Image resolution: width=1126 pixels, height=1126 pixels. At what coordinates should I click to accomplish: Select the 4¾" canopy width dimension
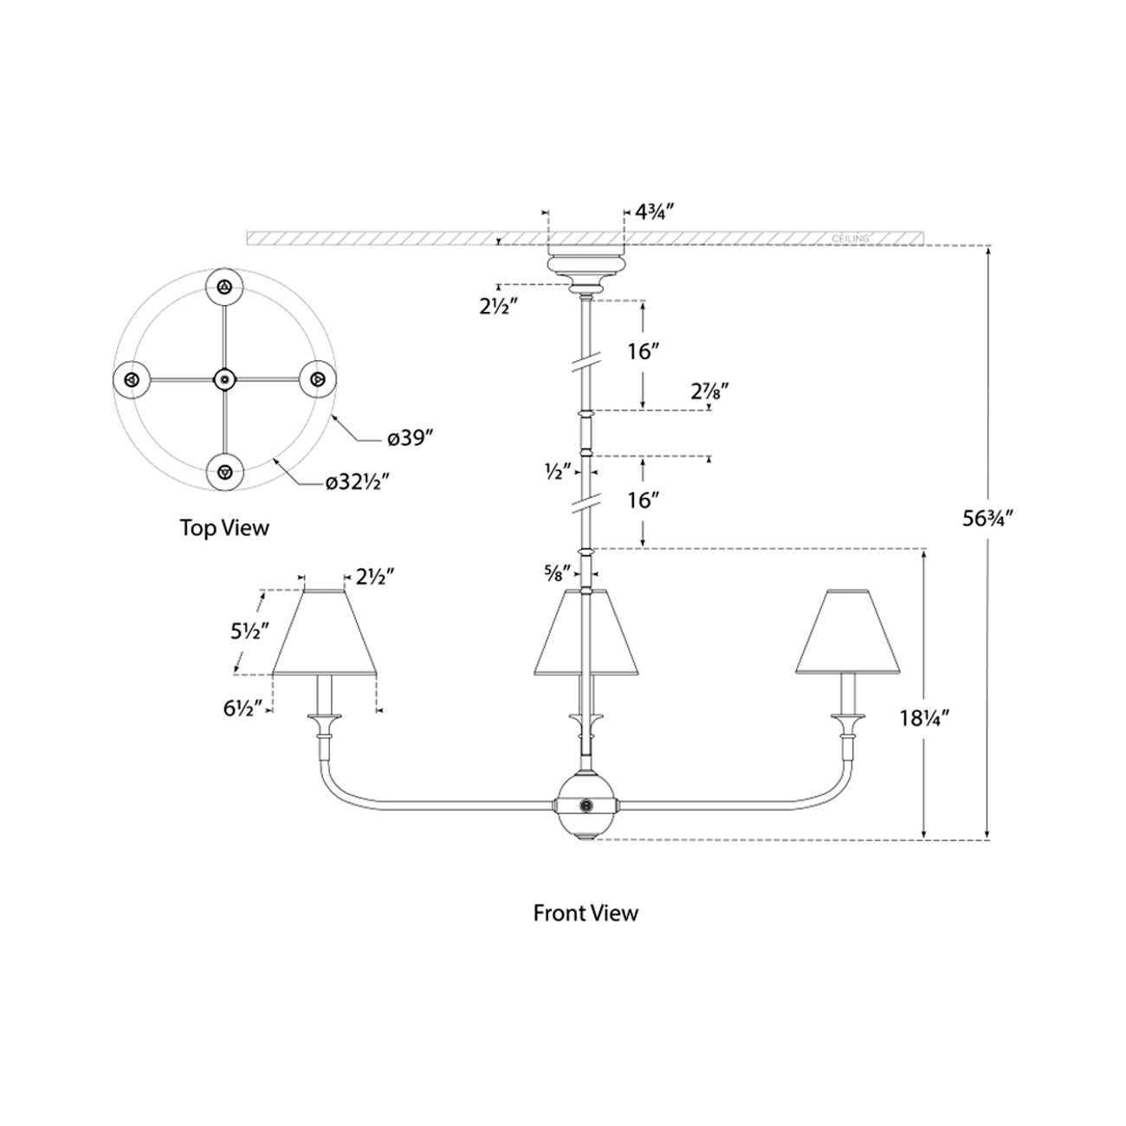coord(654,210)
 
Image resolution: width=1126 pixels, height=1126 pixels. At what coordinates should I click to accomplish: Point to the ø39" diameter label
coord(410,439)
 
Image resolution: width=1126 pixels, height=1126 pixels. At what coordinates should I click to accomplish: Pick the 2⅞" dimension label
coord(708,391)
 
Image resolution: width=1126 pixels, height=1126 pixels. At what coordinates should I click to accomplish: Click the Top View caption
coord(224,527)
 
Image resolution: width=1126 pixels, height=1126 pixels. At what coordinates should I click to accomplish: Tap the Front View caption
coord(586,912)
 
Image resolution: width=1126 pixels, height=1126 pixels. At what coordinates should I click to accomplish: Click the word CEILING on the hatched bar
coord(850,237)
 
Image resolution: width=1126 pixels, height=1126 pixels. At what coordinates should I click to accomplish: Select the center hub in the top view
coord(225,379)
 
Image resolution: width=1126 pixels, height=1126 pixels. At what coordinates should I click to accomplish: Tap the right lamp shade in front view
coord(846,632)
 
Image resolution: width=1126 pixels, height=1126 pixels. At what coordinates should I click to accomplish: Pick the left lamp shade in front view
coord(326,632)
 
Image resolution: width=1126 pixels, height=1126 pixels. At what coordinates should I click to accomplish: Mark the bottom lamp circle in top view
coord(225,472)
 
